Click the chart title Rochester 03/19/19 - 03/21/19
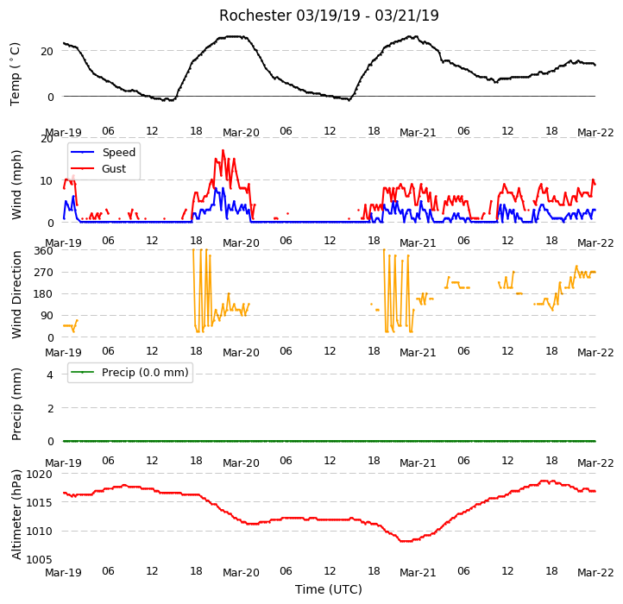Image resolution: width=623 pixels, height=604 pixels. point(329,16)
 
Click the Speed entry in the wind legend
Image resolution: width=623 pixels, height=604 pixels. point(119,152)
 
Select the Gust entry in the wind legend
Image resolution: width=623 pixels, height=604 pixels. point(114,168)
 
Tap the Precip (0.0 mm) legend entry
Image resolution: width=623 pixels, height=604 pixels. point(145,373)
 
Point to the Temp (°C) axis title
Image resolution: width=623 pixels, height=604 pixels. point(15,74)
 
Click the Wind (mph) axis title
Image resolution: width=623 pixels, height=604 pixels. point(16,185)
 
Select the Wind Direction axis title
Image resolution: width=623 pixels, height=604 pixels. point(16,294)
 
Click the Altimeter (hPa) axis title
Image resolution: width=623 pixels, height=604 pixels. point(16,514)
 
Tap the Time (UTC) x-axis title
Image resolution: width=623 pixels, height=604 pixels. point(329,589)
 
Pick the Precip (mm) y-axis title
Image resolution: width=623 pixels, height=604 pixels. point(16,404)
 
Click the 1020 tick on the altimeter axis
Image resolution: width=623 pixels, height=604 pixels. point(39,474)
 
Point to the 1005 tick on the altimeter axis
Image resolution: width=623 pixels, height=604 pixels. point(39,559)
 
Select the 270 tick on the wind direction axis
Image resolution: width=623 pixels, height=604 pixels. point(44,272)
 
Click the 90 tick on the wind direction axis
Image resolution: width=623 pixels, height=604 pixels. point(47,316)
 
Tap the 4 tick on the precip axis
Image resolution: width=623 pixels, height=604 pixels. point(50,374)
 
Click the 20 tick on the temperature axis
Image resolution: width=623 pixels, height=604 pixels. point(47,51)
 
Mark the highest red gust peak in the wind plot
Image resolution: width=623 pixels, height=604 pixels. point(223,150)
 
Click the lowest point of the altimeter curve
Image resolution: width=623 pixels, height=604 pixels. point(406,541)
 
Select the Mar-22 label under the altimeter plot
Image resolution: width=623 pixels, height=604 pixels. point(595,572)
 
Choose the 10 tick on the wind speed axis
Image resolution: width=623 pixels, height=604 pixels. point(47,181)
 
